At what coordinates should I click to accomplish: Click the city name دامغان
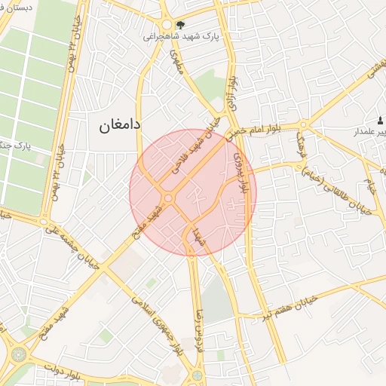click(120, 125)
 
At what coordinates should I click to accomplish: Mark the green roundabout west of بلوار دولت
click(18, 354)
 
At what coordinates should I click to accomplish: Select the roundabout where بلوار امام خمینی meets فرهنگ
click(303, 124)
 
